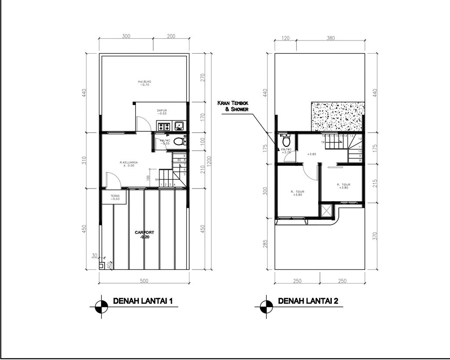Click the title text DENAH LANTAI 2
pos(308,301)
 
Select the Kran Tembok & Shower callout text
pos(233,106)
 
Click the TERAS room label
pos(115,197)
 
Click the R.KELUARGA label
pos(129,164)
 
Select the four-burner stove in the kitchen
pos(164,127)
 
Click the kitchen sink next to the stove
pos(179,127)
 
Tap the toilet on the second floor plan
pos(286,142)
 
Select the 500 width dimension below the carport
pos(144,281)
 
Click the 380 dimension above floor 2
pos(330,38)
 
